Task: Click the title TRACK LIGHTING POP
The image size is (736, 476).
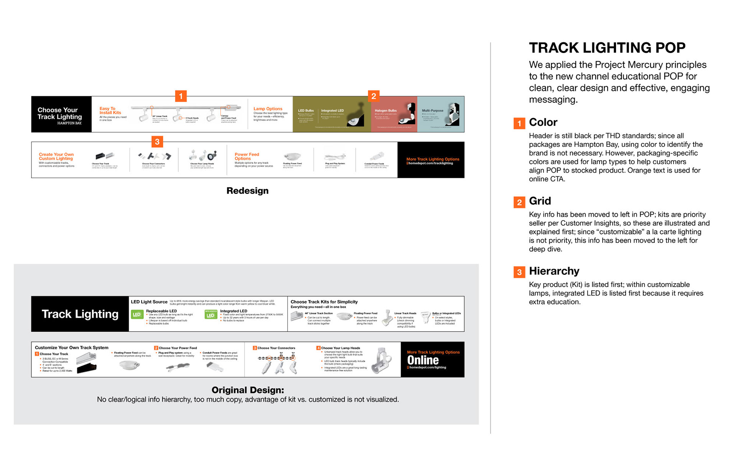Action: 607,48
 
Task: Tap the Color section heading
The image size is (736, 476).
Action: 543,122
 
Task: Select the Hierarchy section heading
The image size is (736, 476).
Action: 554,271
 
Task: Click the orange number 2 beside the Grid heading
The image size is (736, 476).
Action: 519,202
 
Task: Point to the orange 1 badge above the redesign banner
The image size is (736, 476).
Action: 181,96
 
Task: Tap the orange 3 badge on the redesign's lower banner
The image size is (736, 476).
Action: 157,142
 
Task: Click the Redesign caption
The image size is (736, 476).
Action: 247,190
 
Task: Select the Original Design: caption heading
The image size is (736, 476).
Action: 248,390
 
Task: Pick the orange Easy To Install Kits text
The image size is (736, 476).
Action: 110,111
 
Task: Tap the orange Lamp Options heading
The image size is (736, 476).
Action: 268,109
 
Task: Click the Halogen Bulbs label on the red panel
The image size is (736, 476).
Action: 386,110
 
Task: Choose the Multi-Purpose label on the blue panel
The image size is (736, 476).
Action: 432,110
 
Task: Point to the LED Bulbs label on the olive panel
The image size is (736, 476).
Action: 306,110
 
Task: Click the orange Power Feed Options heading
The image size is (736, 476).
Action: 246,156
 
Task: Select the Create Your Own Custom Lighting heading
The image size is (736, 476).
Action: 56,156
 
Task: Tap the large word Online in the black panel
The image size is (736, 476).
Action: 423,360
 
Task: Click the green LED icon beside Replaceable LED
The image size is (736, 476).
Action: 137,315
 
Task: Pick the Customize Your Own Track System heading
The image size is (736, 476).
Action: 71,348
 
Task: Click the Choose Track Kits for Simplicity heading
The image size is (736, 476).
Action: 324,302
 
